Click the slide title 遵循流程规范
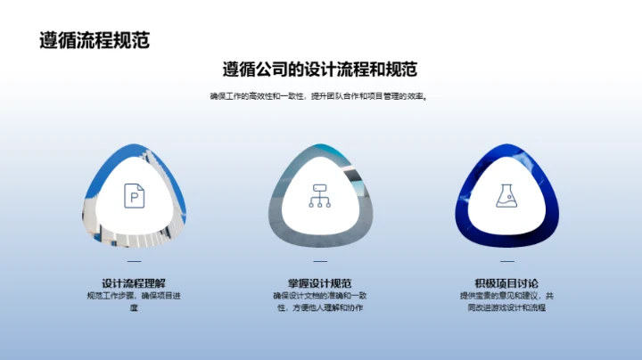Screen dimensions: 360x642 coord(95,40)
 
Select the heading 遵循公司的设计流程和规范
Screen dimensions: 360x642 coord(321,70)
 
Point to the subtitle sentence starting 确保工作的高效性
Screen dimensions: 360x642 coord(320,97)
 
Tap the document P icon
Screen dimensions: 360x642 coord(133,195)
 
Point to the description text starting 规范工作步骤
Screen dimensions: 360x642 coord(134,301)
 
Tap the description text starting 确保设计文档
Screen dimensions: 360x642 coord(320,301)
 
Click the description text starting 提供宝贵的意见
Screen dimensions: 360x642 coord(506,301)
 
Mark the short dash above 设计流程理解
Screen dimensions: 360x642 coord(134,261)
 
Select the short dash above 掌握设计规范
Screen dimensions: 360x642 coord(320,261)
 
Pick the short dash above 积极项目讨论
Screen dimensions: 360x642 coord(506,261)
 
